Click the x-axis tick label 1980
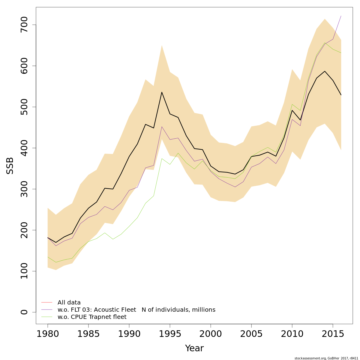pyautogui.click(x=48, y=334)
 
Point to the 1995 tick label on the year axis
pyautogui.click(x=170, y=334)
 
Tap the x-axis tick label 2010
pyautogui.click(x=292, y=334)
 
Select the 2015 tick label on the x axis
pyautogui.click(x=333, y=334)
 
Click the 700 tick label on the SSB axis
pyautogui.click(x=24, y=25)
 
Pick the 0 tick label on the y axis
pyautogui.click(x=24, y=312)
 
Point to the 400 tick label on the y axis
pyautogui.click(x=24, y=148)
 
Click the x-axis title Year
pyautogui.click(x=194, y=348)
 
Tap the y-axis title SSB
pyautogui.click(x=10, y=166)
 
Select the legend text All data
pyautogui.click(x=69, y=302)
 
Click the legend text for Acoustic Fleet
pyautogui.click(x=136, y=310)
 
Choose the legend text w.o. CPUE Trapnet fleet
pyautogui.click(x=92, y=317)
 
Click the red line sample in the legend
pyautogui.click(x=47, y=302)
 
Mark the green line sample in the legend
pyautogui.click(x=47, y=317)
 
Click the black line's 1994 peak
pyautogui.click(x=162, y=92)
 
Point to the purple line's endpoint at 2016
pyautogui.click(x=341, y=16)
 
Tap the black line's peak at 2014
pyautogui.click(x=325, y=71)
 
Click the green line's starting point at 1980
pyautogui.click(x=48, y=257)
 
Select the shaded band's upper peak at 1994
pyautogui.click(x=162, y=46)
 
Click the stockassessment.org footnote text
pyautogui.click(x=326, y=358)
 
